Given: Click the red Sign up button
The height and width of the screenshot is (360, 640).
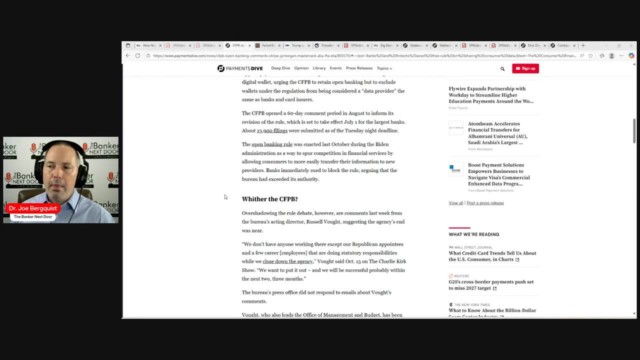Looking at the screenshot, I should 525,68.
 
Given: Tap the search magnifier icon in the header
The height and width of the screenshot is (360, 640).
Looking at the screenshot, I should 502,68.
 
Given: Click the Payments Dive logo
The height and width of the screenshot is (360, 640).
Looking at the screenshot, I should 240,68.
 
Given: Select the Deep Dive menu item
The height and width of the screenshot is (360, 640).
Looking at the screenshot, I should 280,68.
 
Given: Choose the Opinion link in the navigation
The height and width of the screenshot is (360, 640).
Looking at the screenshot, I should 301,68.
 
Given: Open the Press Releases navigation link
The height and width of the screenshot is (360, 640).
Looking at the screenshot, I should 359,68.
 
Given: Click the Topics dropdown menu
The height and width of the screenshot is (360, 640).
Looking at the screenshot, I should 384,68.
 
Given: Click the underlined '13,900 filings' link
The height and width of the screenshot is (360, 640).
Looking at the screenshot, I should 272,130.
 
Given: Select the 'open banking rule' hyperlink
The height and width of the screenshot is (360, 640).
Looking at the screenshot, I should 272,144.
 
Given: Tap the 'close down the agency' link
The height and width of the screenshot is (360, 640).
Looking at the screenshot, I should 288,261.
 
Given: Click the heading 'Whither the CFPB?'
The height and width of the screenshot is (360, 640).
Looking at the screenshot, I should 269,199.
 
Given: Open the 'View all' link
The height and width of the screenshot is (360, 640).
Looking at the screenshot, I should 455,203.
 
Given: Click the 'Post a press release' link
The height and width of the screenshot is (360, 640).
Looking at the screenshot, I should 485,203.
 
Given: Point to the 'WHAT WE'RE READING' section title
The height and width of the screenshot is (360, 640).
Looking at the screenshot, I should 473,234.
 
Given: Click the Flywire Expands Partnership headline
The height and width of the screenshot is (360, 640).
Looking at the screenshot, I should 491,95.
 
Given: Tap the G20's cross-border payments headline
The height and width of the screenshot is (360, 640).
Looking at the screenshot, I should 491,285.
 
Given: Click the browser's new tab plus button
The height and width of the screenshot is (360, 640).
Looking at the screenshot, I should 583,45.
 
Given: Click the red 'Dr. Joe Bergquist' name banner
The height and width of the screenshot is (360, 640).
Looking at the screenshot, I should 33,208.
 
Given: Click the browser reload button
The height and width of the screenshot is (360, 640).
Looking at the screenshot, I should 137,55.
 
